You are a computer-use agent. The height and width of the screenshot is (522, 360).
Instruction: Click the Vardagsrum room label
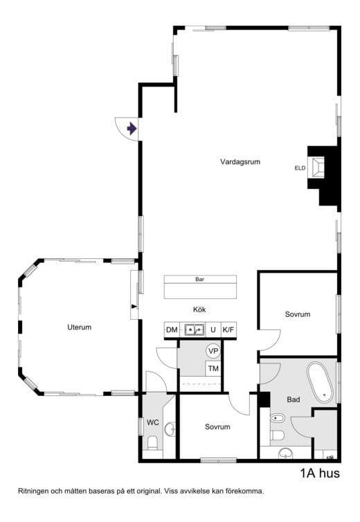coord(240,162)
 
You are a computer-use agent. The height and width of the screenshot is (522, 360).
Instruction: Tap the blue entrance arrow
coord(132,129)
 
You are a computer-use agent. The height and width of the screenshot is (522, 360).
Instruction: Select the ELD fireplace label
coord(300,168)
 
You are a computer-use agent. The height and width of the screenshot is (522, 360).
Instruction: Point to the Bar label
coord(200,279)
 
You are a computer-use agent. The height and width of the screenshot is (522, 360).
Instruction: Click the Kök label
coord(199,309)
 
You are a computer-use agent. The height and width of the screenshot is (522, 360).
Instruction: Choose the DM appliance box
coord(172,330)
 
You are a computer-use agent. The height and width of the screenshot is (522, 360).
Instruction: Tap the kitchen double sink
coord(195,330)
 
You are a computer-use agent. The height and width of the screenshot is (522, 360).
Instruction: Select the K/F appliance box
coord(228,330)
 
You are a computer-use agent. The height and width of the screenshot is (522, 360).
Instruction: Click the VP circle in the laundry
coord(213,351)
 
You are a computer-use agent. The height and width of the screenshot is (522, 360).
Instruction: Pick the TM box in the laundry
coord(213,368)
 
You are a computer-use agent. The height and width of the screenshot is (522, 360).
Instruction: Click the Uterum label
coord(79,327)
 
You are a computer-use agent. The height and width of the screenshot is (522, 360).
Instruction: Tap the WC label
coord(153,422)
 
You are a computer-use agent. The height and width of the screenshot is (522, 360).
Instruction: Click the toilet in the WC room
coord(152,443)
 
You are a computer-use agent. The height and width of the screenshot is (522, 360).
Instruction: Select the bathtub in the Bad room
coord(320,383)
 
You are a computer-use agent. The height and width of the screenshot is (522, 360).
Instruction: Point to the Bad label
coord(294,399)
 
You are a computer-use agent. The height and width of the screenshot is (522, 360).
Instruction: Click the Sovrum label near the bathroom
coord(298,314)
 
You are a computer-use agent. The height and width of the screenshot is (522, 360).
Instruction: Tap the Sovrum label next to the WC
coord(217,426)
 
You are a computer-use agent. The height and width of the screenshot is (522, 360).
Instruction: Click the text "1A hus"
coord(320,473)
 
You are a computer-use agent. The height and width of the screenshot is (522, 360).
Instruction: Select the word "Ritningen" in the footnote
coord(33,492)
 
